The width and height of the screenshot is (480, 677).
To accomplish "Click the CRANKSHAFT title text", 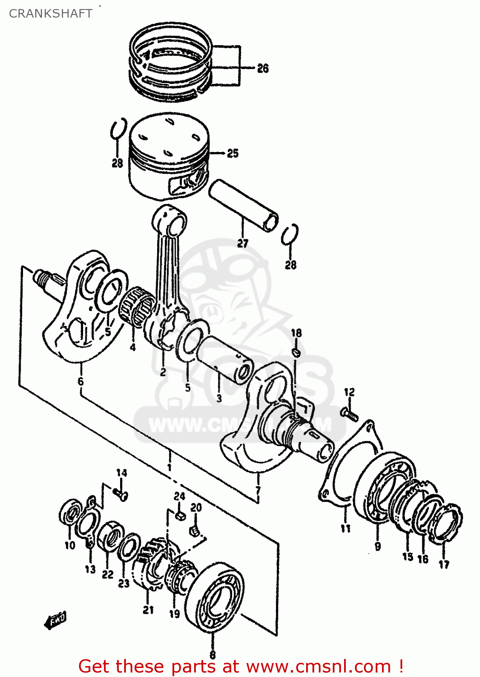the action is tap(51, 14).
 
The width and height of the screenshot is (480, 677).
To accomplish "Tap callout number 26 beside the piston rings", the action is tap(263, 69).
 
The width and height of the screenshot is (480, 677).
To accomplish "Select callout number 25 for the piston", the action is tap(233, 153).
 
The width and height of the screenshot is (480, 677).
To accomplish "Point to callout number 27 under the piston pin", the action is tap(243, 244).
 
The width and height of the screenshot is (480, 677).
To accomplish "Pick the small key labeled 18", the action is tap(296, 352).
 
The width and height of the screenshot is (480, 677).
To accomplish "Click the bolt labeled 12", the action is tap(349, 413).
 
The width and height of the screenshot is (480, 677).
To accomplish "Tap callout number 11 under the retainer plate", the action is tap(345, 528).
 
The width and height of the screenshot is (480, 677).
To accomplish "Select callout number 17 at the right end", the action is tap(444, 564).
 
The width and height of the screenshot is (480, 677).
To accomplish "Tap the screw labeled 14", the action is tap(121, 495).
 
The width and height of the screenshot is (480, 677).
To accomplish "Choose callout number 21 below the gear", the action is tap(148, 610).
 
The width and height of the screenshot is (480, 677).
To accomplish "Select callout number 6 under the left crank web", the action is tap(80, 382).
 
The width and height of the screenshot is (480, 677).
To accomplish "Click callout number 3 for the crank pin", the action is tap(219, 399).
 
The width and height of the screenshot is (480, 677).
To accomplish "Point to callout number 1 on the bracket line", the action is tap(169, 468).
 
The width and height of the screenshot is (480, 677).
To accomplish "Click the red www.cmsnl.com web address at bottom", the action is tap(318, 667).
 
